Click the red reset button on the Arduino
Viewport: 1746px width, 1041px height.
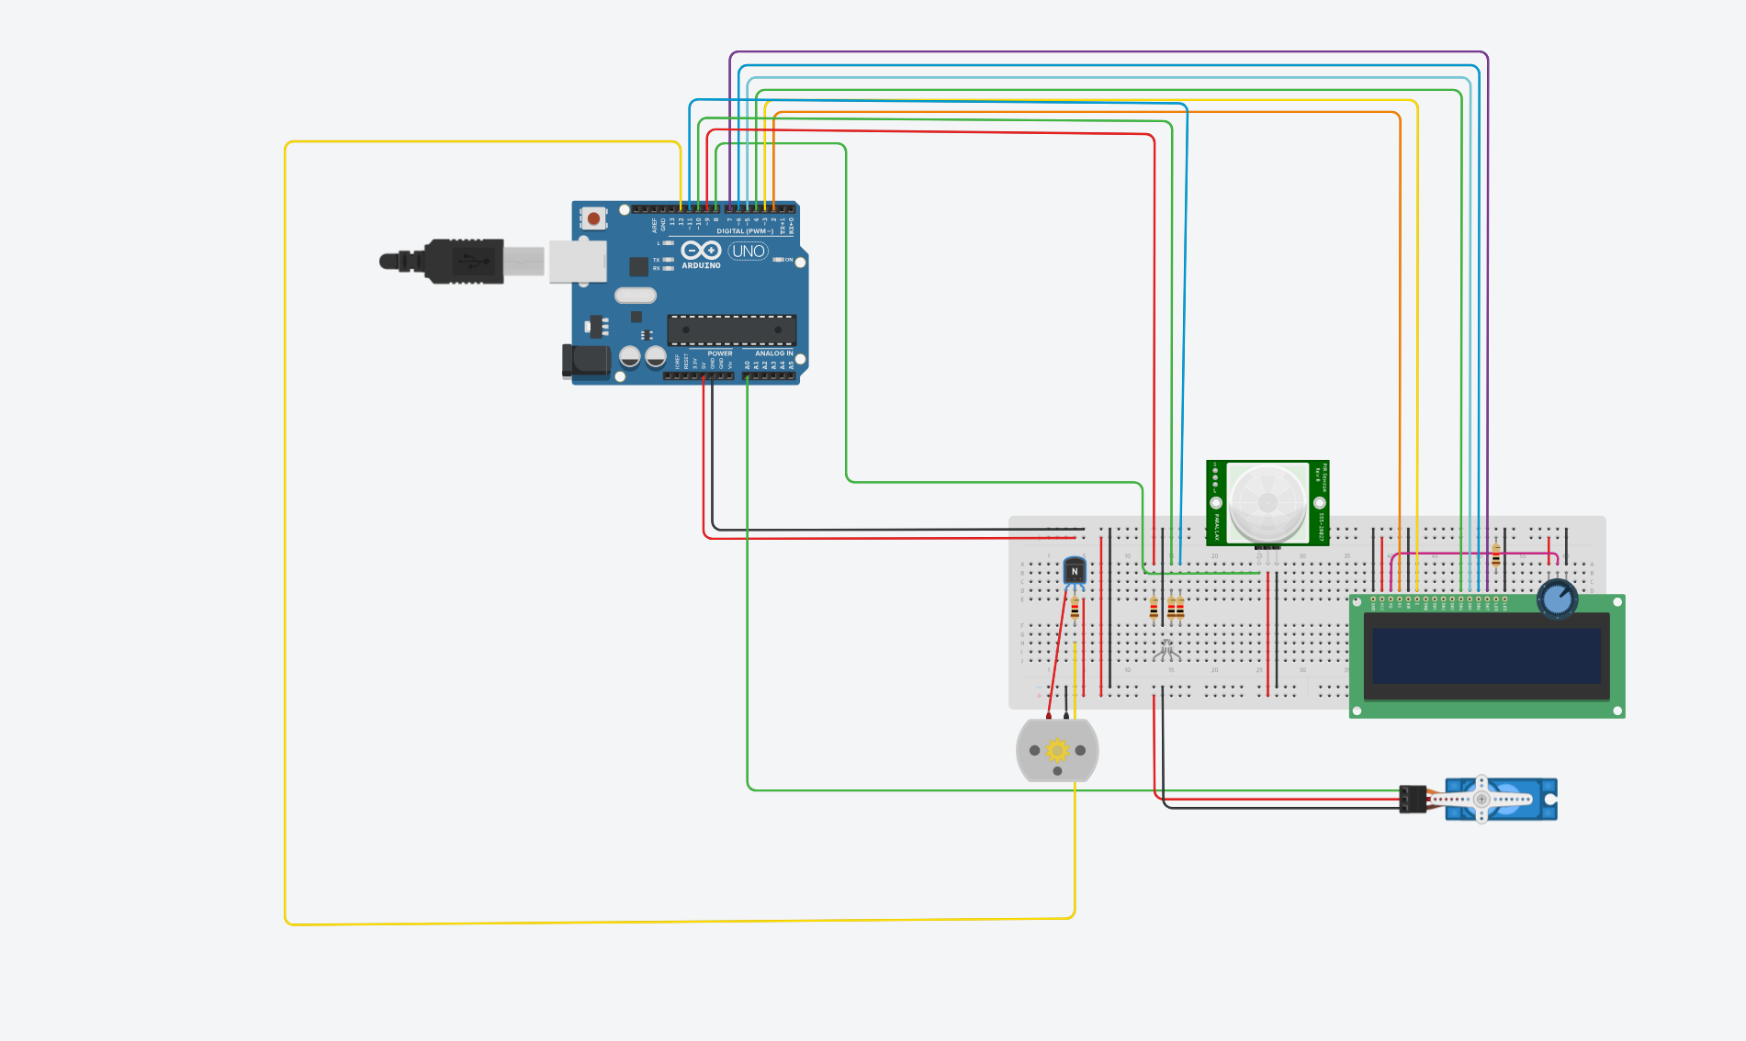[593, 218]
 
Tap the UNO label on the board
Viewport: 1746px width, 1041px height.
[748, 251]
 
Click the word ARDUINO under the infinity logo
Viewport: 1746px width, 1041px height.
[701, 266]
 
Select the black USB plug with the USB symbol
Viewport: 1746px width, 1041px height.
[465, 262]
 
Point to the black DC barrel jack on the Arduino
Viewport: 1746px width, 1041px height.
[586, 362]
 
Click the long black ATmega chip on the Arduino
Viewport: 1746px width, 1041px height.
[731, 330]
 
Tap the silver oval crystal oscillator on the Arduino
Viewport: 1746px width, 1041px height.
[636, 296]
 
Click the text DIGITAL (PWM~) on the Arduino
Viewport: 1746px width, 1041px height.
[744, 231]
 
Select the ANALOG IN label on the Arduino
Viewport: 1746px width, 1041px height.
[773, 353]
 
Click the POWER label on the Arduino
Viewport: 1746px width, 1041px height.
[720, 353]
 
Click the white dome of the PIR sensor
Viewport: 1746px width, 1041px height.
[1267, 502]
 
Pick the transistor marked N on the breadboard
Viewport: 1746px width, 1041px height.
[1075, 572]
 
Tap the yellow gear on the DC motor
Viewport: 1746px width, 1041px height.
[1057, 751]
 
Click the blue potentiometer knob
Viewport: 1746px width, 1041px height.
[1557, 599]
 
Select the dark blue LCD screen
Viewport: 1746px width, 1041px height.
[1486, 655]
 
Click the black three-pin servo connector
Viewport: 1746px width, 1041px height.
[1413, 799]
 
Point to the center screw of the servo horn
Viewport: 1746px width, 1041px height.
[1481, 799]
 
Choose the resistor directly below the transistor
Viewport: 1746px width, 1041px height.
[1075, 608]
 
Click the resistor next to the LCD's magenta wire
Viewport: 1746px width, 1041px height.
[1496, 554]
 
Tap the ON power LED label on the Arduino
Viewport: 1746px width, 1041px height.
[788, 260]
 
